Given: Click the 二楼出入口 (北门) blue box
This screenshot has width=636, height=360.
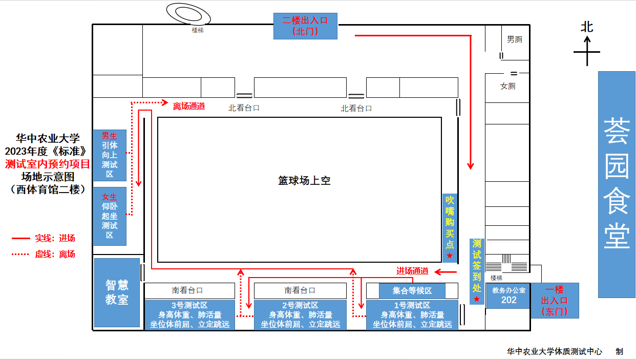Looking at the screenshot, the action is [x=305, y=26].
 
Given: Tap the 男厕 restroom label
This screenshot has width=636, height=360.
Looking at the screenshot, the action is [x=515, y=39].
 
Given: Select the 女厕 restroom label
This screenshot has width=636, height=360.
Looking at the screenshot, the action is [x=507, y=86].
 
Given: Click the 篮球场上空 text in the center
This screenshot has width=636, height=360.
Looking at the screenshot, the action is [x=304, y=181].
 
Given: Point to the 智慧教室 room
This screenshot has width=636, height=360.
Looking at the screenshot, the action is [x=117, y=292].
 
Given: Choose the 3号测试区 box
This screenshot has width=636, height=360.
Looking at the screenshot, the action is [x=189, y=315].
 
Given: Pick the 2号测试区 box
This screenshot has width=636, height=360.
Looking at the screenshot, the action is [x=300, y=315].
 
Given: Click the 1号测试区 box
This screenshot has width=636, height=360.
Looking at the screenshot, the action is [x=412, y=315].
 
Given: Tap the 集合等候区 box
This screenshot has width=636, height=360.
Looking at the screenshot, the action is [x=412, y=291].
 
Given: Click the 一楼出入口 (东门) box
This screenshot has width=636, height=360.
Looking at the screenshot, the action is [x=555, y=301].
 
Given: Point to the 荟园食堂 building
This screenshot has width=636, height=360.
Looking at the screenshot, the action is [x=617, y=184].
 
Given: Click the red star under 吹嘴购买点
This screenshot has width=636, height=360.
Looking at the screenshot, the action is [x=450, y=256].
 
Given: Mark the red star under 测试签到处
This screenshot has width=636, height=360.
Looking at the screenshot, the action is [x=477, y=299].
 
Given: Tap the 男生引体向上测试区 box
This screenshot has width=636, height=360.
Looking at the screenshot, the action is [x=110, y=155].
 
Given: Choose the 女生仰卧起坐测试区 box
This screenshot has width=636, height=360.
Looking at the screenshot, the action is [x=110, y=216].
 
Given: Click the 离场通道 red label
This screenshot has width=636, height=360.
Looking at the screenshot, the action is [x=189, y=106].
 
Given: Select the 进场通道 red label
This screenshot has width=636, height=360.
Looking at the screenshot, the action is [x=412, y=271].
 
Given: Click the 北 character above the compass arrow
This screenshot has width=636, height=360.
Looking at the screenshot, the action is [x=587, y=27].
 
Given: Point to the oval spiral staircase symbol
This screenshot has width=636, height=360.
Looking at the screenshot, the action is [x=188, y=14].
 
